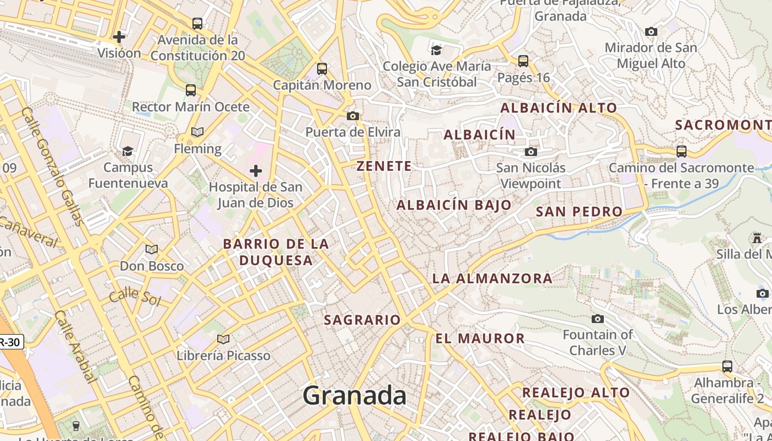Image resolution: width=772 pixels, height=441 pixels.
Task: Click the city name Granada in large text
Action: click(354, 396)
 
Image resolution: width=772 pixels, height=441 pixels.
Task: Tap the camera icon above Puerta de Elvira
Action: click(353, 116)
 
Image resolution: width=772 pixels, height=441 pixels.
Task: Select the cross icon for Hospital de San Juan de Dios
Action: click(255, 171)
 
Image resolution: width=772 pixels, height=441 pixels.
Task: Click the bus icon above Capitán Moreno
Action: click(322, 69)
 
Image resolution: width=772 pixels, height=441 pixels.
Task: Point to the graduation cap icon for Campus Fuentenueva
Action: click(128, 151)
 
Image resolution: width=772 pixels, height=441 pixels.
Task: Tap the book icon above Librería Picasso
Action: click(223, 339)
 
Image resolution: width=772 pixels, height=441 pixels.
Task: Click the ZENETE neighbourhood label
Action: click(384, 166)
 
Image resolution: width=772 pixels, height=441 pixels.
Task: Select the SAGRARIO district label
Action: click(362, 320)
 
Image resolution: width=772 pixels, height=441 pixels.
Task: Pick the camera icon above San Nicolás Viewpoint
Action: click(530, 152)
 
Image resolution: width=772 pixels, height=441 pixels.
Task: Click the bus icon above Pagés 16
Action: click(523, 61)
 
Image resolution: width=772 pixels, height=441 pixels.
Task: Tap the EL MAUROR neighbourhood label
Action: click(480, 338)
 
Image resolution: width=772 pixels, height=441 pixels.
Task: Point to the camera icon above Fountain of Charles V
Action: click(597, 319)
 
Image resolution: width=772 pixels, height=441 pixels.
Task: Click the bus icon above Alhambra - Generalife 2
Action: click(727, 367)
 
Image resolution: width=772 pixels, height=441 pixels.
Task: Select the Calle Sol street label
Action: click(135, 297)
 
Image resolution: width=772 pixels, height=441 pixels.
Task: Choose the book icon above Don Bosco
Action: click(152, 250)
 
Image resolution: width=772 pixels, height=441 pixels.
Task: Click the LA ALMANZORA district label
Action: click(492, 278)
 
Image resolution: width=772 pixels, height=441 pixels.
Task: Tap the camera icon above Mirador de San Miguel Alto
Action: click(651, 31)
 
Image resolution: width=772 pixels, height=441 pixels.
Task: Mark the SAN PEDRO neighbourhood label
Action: click(579, 212)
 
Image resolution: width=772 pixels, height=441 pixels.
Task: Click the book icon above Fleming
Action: click(197, 132)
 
